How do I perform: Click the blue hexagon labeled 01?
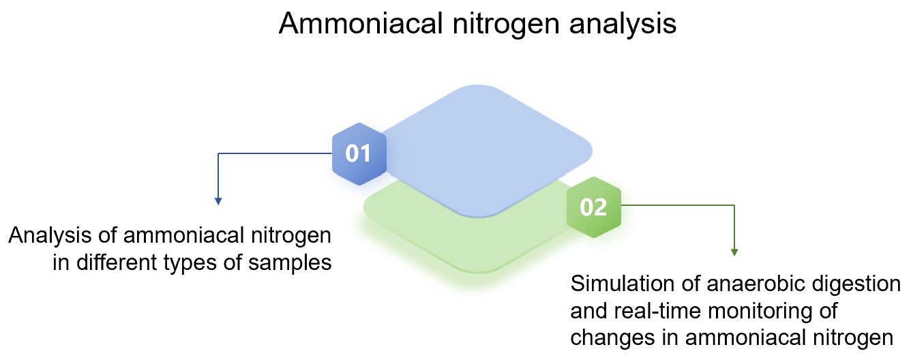tap(359, 153)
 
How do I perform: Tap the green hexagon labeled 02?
tap(593, 207)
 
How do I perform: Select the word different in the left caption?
tap(115, 262)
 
